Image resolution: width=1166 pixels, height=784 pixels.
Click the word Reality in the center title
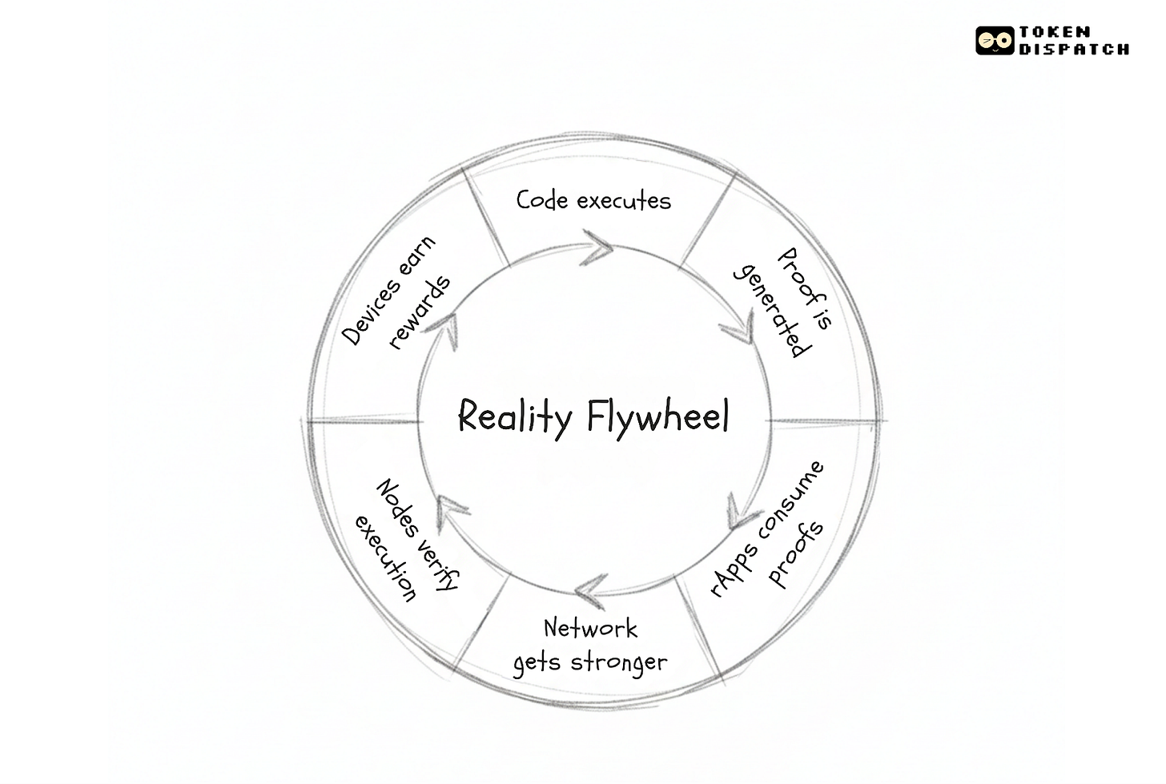tap(515, 416)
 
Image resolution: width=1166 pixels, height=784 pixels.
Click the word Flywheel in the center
tap(657, 416)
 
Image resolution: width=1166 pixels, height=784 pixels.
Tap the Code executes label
tap(593, 199)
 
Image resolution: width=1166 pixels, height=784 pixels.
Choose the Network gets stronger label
tap(590, 645)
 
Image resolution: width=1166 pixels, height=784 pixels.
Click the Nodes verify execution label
tap(406, 540)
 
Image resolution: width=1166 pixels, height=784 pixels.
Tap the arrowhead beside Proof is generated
tap(738, 329)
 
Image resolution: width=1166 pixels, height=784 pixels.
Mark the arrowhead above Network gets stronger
tap(591, 590)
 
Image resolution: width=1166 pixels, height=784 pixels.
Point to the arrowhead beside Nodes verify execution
tap(451, 507)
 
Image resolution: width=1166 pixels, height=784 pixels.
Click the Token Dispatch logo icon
tap(995, 40)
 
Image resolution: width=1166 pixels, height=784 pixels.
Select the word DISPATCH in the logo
tap(1074, 49)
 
